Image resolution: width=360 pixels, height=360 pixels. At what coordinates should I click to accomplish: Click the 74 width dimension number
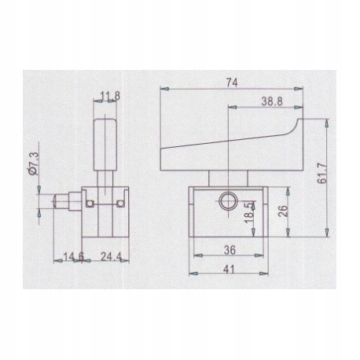click(233, 81)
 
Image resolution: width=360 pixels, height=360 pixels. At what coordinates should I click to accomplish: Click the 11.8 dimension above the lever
click(110, 97)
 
